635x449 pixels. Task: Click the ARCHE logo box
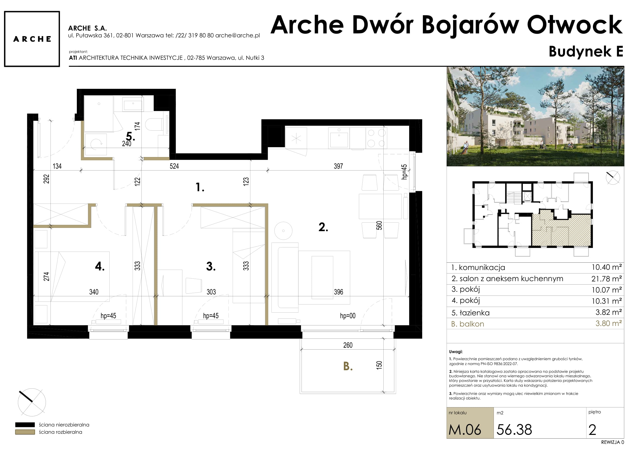pyautogui.click(x=32, y=39)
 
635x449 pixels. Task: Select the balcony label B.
pyautogui.click(x=348, y=366)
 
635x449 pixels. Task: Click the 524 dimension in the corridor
pyautogui.click(x=174, y=166)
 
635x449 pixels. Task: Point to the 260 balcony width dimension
pyautogui.click(x=348, y=345)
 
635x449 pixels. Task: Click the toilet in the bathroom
pyautogui.click(x=154, y=124)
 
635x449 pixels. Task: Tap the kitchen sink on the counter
pyautogui.click(x=339, y=137)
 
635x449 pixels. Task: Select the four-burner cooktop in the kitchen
pyautogui.click(x=376, y=138)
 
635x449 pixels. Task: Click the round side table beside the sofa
pyautogui.click(x=283, y=231)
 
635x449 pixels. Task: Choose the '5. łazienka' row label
pyautogui.click(x=470, y=313)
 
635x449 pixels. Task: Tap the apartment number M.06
pyautogui.click(x=465, y=430)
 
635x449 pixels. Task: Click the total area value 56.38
pyautogui.click(x=514, y=430)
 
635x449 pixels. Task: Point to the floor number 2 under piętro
pyautogui.click(x=592, y=430)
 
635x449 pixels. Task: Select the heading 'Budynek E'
pyautogui.click(x=586, y=51)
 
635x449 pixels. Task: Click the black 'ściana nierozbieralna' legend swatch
pyautogui.click(x=25, y=425)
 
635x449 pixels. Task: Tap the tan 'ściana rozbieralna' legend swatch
pyautogui.click(x=25, y=432)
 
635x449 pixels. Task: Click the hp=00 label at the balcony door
pyautogui.click(x=348, y=316)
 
